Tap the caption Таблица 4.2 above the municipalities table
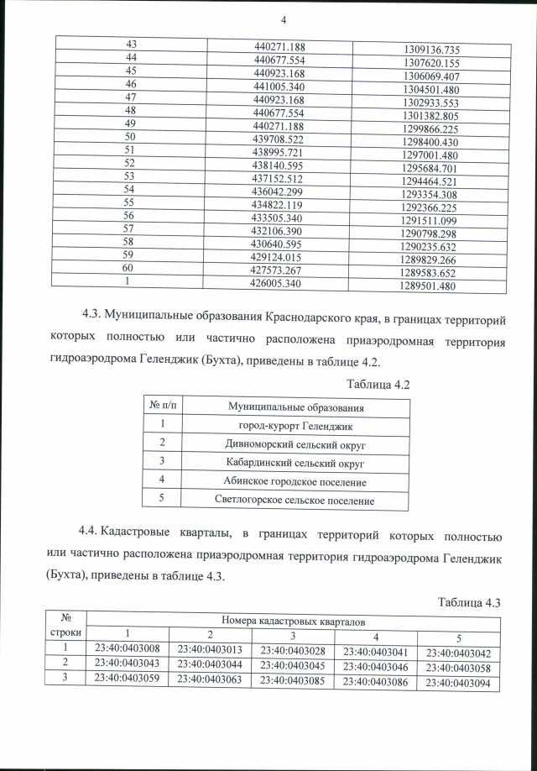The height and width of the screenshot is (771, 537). [x=378, y=384]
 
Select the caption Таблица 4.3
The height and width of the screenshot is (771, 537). [x=469, y=602]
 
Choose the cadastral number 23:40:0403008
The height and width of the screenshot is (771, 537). [x=128, y=648]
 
